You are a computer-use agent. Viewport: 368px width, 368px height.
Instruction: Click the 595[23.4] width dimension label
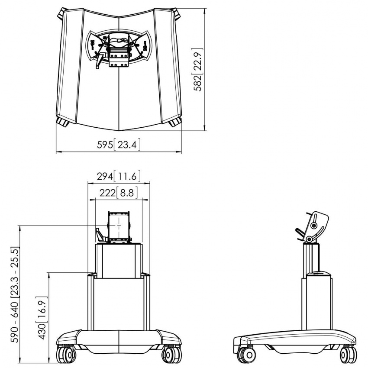(119, 145)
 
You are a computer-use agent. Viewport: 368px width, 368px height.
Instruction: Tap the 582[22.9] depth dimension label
(197, 70)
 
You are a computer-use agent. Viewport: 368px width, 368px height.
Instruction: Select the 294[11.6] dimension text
(119, 176)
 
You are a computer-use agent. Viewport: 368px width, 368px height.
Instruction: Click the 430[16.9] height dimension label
(42, 318)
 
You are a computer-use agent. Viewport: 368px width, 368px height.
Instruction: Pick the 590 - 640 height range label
(15, 295)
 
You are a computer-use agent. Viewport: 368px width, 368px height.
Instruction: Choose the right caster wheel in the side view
(348, 355)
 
